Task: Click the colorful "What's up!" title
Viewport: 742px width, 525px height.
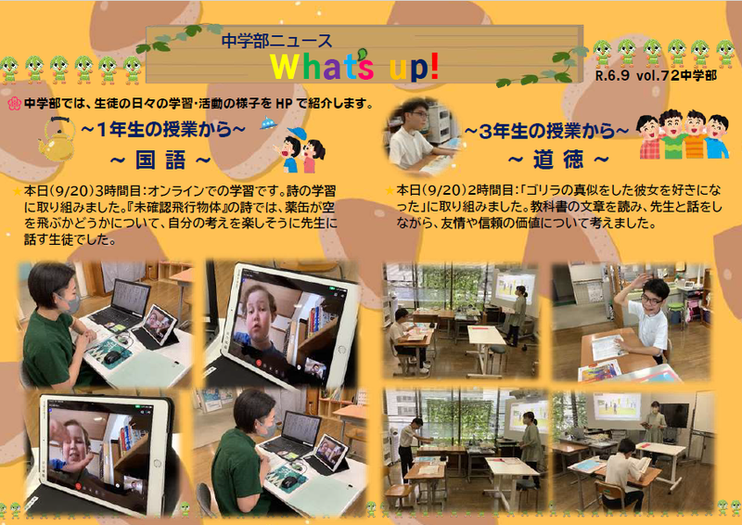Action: [x=355, y=67]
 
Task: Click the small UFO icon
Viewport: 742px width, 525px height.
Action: [x=268, y=124]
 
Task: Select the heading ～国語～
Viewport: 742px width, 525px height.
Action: [x=160, y=161]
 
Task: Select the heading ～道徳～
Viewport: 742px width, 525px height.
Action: [x=558, y=161]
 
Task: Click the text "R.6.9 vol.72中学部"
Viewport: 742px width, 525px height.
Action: [x=656, y=76]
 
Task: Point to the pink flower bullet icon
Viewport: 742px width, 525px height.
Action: [x=15, y=104]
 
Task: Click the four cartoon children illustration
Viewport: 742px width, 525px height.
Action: [x=684, y=134]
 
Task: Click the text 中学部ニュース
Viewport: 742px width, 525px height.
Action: [x=277, y=41]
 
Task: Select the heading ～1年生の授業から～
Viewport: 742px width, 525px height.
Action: [x=163, y=130]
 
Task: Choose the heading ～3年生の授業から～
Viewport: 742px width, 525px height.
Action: [x=546, y=131]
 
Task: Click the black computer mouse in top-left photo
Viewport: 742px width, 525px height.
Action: [x=112, y=356]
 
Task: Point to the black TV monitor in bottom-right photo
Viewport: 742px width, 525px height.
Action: [x=674, y=416]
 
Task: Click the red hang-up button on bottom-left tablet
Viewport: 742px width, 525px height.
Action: [x=79, y=487]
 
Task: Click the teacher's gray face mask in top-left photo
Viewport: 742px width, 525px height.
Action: [x=68, y=303]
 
